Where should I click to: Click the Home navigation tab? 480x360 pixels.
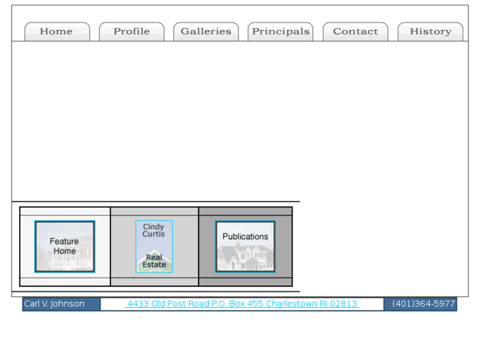pyautogui.click(x=56, y=32)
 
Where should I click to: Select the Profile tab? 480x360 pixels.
pyautogui.click(x=131, y=32)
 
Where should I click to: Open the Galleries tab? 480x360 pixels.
pyautogui.click(x=206, y=32)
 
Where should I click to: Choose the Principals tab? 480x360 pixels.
pyautogui.click(x=281, y=32)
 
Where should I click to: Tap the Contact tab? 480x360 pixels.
pyautogui.click(x=355, y=32)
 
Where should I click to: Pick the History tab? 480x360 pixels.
pyautogui.click(x=430, y=32)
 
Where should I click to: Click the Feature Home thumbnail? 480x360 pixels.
pyautogui.click(x=65, y=246)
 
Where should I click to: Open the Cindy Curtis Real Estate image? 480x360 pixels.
pyautogui.click(x=154, y=246)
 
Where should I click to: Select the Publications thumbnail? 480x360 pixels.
pyautogui.click(x=245, y=246)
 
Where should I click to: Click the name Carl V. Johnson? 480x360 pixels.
pyautogui.click(x=54, y=304)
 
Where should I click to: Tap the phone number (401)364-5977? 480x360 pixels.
pyautogui.click(x=423, y=304)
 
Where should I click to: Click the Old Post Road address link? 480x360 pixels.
pyautogui.click(x=242, y=304)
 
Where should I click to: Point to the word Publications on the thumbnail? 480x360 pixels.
pyautogui.click(x=245, y=236)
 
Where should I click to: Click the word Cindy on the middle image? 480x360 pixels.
pyautogui.click(x=154, y=227)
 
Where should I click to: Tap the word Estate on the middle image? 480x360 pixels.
pyautogui.click(x=154, y=265)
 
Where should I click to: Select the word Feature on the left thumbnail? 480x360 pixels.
pyautogui.click(x=64, y=241)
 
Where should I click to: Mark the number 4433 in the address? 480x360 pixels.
pyautogui.click(x=138, y=304)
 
